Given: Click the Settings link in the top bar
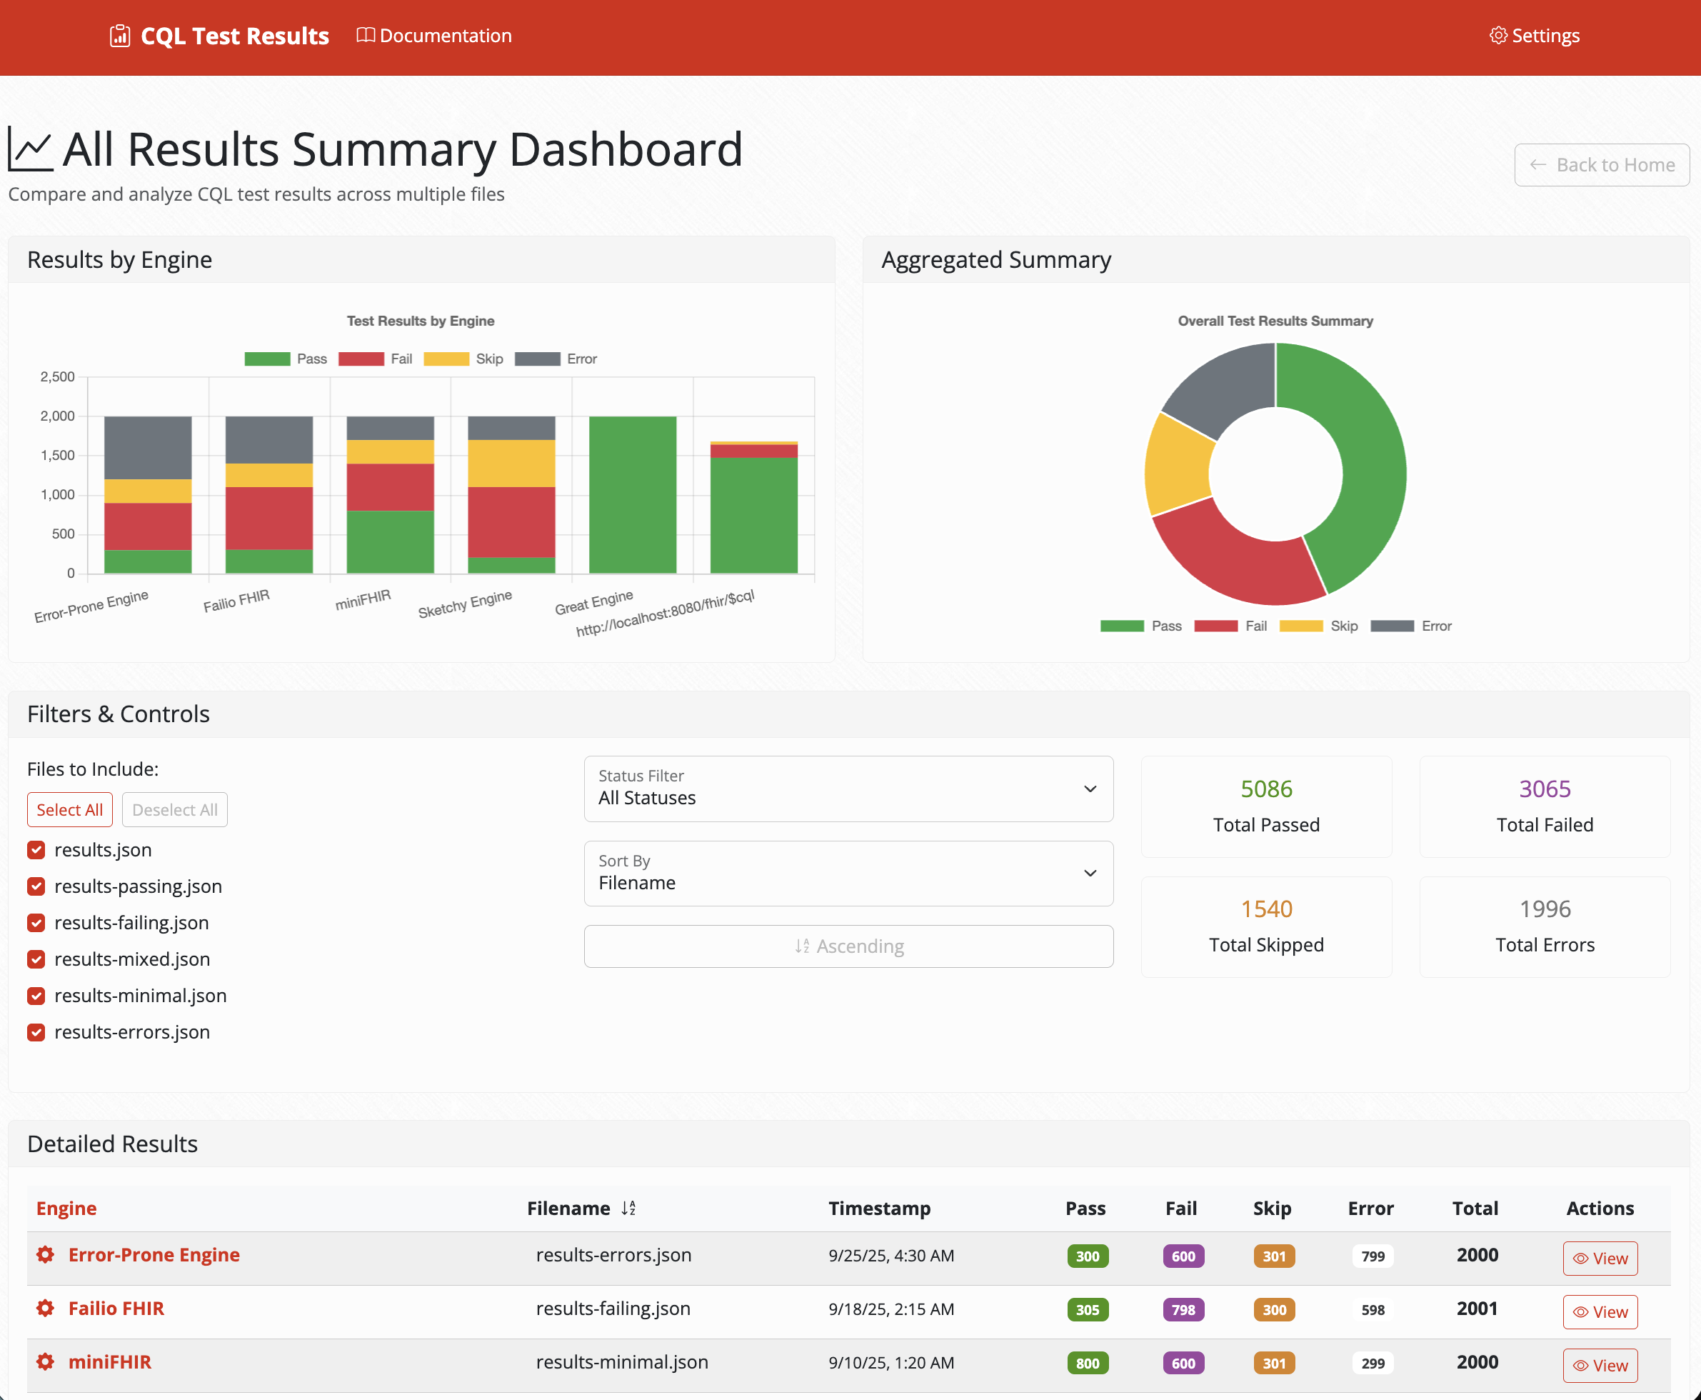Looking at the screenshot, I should click(1534, 36).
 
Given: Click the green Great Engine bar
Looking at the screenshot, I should click(632, 494).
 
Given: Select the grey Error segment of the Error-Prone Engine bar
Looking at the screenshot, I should click(148, 448).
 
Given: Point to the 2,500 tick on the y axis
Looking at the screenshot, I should click(57, 376).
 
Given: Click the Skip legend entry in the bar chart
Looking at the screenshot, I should click(463, 359).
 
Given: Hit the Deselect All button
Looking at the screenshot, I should click(174, 810).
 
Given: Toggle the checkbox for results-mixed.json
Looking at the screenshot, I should click(36, 959).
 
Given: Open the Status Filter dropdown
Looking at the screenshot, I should click(848, 789).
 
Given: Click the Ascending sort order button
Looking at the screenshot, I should click(848, 946).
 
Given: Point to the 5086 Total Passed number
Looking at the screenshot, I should click(1265, 789).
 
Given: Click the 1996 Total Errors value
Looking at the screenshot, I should click(1544, 909).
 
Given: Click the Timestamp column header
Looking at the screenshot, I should click(879, 1208).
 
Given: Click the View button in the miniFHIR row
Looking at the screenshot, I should click(1600, 1365).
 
